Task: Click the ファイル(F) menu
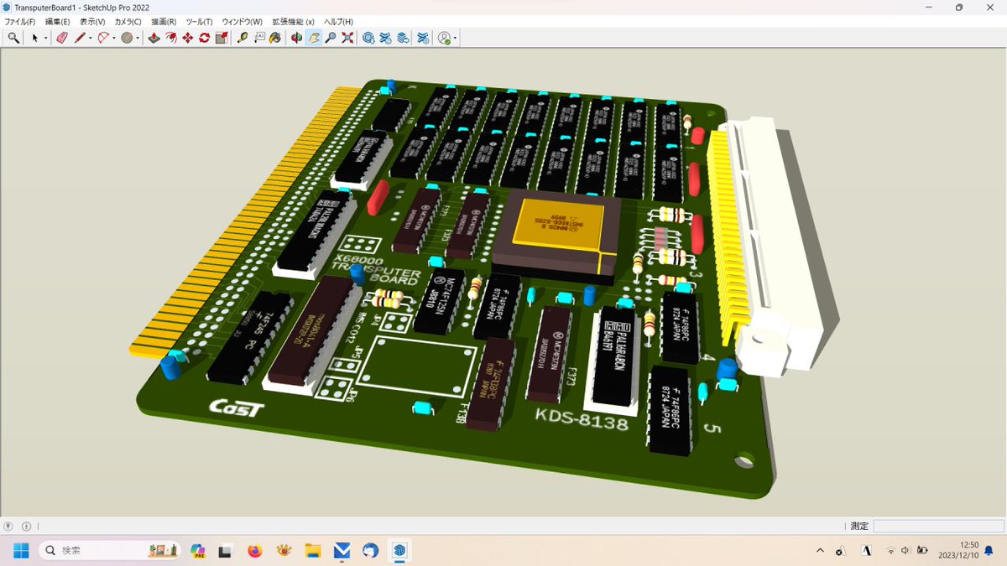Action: coord(20,21)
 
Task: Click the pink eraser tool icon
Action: coord(61,38)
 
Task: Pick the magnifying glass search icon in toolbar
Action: coord(13,38)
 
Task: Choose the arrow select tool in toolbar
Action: coord(35,38)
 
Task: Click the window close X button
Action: coord(988,8)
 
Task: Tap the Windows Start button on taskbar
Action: coord(21,551)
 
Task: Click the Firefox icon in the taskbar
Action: coord(255,551)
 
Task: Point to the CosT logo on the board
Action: coord(237,407)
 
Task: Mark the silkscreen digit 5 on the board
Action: coord(712,428)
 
